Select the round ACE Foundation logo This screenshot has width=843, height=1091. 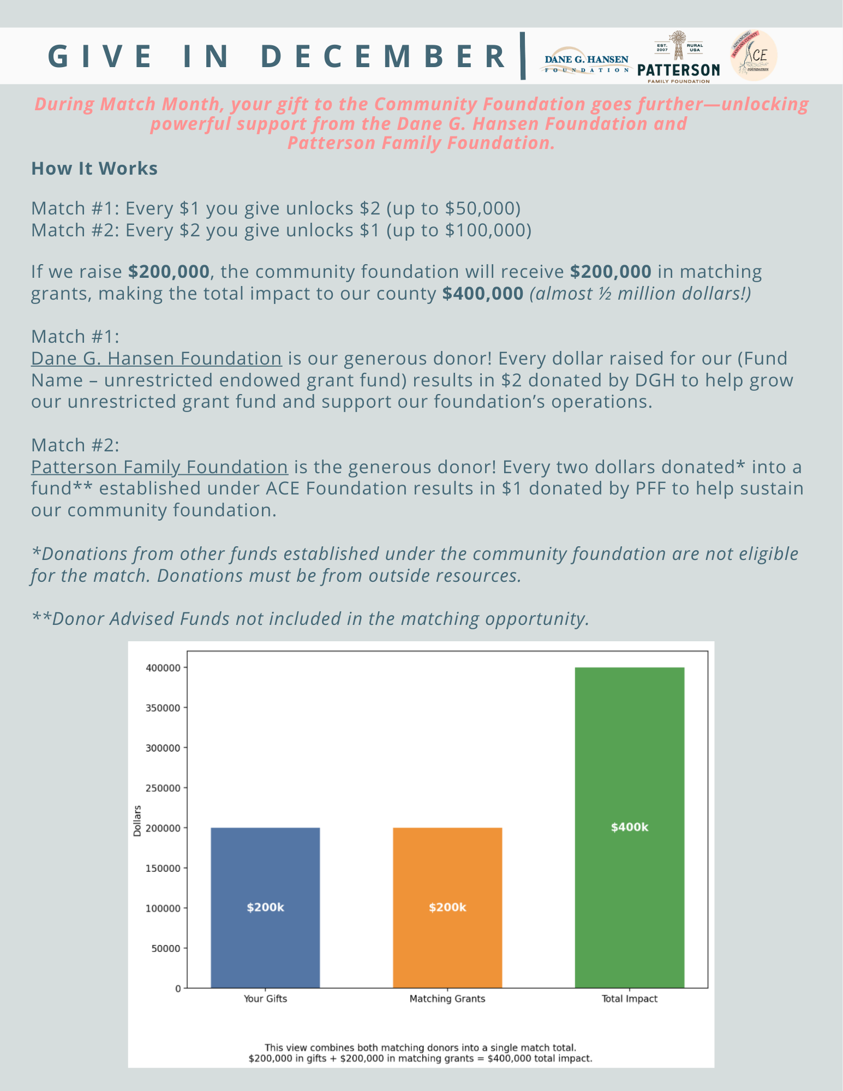click(x=754, y=56)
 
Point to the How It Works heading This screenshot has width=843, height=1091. click(x=94, y=168)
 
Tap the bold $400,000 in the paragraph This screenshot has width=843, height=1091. click(x=482, y=294)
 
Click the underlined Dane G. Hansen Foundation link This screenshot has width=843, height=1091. click(x=157, y=359)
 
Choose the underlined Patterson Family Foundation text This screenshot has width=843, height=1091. click(x=159, y=467)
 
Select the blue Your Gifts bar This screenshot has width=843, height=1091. click(x=265, y=907)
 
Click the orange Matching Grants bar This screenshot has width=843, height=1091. click(x=447, y=907)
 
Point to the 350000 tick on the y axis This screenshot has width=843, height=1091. click(x=163, y=708)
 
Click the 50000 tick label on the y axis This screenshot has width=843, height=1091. click(x=165, y=949)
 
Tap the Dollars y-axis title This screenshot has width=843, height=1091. click(x=137, y=821)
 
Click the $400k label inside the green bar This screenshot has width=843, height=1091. click(x=629, y=827)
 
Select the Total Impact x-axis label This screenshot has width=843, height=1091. click(x=629, y=999)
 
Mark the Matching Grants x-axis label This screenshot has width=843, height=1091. click(x=447, y=999)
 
